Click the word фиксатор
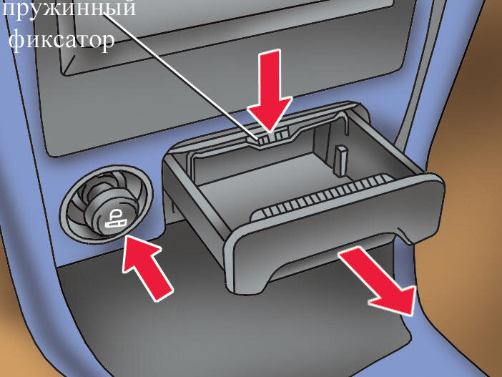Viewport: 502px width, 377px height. tap(61, 41)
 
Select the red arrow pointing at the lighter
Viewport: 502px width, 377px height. tap(147, 267)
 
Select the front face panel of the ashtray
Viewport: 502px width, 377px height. tap(333, 227)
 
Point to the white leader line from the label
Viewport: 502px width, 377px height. tap(180, 77)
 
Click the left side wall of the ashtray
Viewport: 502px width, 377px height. tap(192, 205)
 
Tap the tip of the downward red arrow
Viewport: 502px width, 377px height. tap(270, 132)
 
